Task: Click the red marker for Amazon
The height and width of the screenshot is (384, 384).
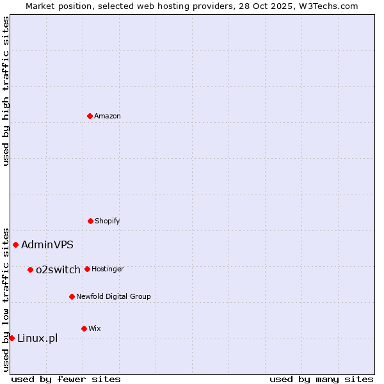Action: click(90, 116)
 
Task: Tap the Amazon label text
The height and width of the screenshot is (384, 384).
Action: click(108, 116)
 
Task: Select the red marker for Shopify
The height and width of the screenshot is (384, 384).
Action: click(90, 221)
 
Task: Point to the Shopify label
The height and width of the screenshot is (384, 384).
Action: click(107, 221)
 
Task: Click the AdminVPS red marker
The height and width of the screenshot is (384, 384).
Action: click(15, 244)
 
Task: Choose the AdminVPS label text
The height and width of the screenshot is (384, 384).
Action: click(47, 244)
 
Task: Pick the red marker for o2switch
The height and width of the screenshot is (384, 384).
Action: click(30, 269)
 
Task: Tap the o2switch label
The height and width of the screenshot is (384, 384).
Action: click(58, 269)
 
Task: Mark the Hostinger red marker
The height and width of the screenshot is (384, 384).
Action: click(87, 269)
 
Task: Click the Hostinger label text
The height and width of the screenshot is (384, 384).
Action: click(108, 269)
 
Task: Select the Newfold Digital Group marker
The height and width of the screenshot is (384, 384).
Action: click(72, 296)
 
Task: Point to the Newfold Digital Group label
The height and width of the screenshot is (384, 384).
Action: click(113, 296)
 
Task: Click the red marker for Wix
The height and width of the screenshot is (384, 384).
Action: click(84, 328)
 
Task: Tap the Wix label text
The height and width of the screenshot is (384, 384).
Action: click(95, 328)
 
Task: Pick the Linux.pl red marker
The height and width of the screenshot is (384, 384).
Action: click(12, 338)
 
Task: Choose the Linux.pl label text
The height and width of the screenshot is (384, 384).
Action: click(37, 338)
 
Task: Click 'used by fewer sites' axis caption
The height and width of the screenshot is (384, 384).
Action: click(66, 379)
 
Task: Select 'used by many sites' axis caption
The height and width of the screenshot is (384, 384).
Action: click(321, 379)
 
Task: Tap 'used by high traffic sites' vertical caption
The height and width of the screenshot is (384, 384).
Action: click(6, 91)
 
